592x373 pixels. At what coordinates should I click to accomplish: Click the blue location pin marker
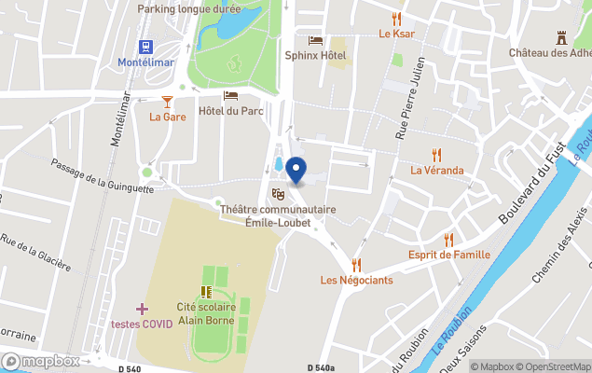[x=296, y=171]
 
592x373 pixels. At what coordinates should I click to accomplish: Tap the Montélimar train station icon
[x=146, y=47]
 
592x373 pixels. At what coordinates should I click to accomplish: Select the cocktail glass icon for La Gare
[x=167, y=101]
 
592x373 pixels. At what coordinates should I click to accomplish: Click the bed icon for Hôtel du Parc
[x=230, y=96]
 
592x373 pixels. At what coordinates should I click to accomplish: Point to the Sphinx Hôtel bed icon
[x=315, y=40]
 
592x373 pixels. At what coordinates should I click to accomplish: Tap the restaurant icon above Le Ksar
[x=396, y=19]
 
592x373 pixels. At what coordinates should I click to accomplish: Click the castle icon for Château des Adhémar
[x=561, y=37]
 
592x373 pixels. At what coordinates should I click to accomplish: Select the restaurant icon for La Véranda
[x=436, y=155]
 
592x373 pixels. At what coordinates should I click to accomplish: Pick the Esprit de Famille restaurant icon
[x=448, y=240]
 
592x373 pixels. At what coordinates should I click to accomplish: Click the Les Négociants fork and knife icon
[x=356, y=265]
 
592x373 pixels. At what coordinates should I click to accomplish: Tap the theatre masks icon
[x=277, y=194]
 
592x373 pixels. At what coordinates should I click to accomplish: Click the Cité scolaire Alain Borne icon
[x=205, y=292]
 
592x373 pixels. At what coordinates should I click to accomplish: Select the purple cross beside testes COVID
[x=142, y=309]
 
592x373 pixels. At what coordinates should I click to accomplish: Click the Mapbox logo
[x=41, y=361]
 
